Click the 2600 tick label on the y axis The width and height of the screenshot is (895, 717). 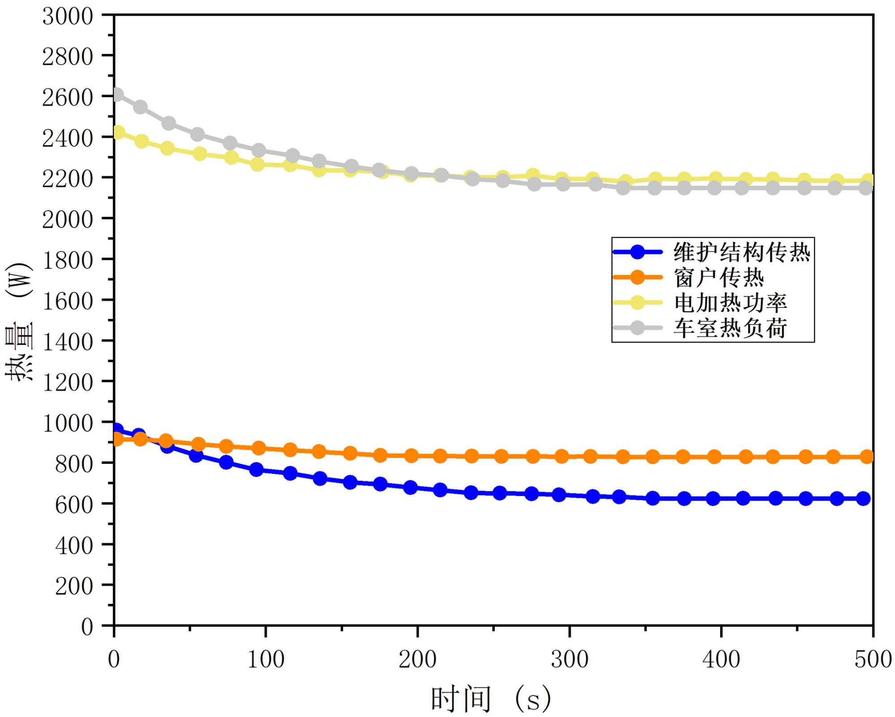(67, 98)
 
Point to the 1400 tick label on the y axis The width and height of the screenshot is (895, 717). (67, 342)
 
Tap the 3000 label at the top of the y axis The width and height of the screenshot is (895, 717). (67, 17)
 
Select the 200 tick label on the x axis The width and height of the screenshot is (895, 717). (417, 659)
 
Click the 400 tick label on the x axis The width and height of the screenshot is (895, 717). (721, 659)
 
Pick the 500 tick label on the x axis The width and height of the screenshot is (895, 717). (873, 659)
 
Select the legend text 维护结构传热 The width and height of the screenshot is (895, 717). (742, 252)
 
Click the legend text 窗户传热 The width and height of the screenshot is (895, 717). (719, 278)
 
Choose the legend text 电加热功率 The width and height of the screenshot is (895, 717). (730, 303)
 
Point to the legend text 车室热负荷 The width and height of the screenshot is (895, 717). (730, 328)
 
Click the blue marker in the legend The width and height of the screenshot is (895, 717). (637, 252)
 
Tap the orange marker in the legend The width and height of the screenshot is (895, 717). (637, 278)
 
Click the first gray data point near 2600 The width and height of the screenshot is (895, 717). (117, 94)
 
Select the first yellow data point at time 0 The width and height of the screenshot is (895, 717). (118, 132)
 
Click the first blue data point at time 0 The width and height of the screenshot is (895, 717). (117, 430)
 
